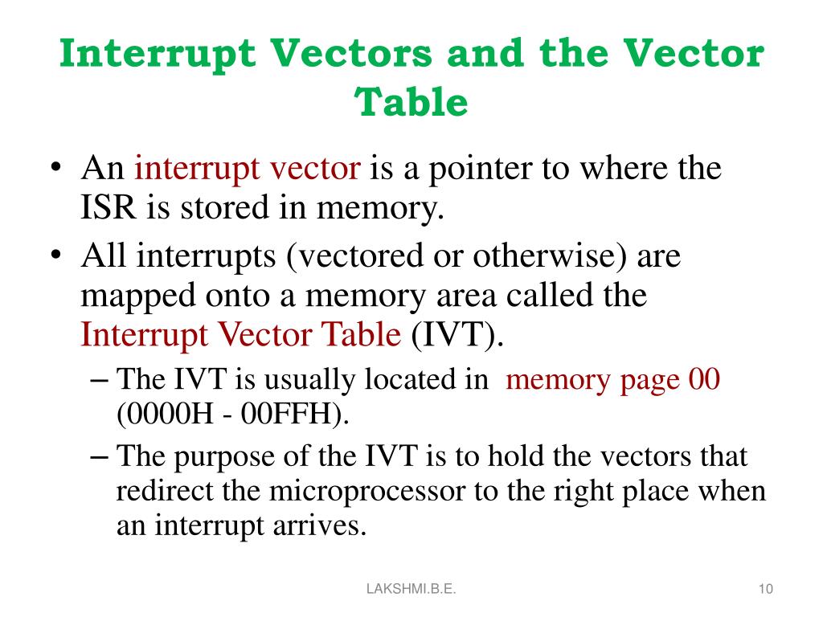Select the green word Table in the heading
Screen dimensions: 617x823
[411, 102]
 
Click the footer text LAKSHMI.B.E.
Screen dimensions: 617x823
[411, 590]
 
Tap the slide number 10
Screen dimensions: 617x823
[765, 590]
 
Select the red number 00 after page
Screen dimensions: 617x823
[704, 379]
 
